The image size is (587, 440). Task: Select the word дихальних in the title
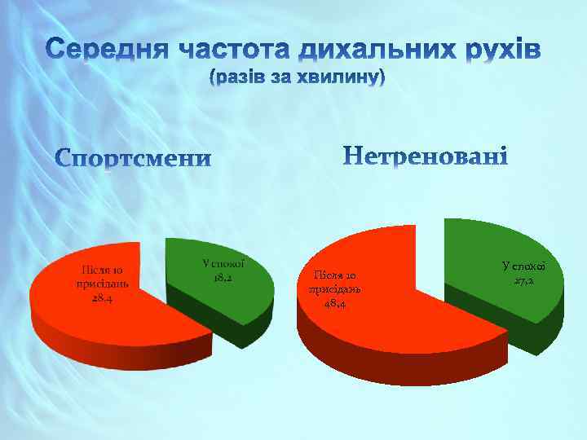[372, 51]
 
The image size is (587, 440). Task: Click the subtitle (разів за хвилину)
[296, 78]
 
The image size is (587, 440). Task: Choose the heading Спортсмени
[133, 157]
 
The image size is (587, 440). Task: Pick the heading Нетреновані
[426, 155]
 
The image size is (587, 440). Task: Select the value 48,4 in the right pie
[333, 303]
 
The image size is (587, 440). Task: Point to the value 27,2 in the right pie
[523, 281]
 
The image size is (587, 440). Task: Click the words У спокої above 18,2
[223, 264]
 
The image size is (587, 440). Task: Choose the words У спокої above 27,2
[524, 266]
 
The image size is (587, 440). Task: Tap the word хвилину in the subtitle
[343, 78]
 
